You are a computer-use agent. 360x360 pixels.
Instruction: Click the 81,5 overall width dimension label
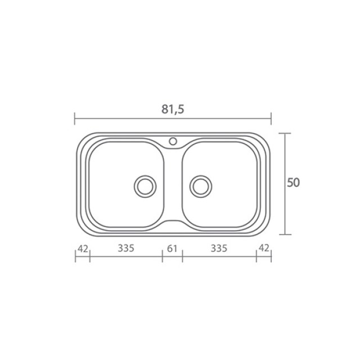coord(173,109)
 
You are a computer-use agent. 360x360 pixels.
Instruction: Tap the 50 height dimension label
coord(293,183)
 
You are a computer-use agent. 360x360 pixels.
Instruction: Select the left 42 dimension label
coord(83,249)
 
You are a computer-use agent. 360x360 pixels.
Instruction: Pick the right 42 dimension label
coord(264,248)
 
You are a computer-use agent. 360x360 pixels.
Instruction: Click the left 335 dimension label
coord(126,248)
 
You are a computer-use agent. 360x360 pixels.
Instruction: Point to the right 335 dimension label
coord(219,248)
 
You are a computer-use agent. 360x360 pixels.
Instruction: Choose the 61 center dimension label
coord(172,249)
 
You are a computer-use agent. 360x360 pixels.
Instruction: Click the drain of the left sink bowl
coord(145,186)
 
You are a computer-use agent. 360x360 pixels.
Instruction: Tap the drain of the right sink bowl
coord(201,186)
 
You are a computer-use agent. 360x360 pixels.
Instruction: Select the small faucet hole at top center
coord(173,141)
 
